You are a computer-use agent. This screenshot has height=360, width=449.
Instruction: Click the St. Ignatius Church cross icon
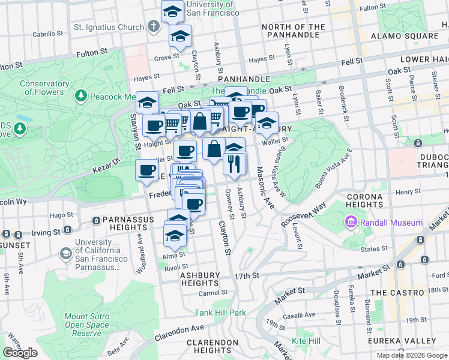[x=154, y=27]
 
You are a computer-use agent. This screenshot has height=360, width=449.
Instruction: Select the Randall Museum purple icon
[x=351, y=223]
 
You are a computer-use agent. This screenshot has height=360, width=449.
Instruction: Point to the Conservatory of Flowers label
[x=44, y=88]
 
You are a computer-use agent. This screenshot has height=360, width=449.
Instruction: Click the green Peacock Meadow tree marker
[x=80, y=96]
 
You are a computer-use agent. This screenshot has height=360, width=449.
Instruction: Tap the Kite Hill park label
[x=306, y=341]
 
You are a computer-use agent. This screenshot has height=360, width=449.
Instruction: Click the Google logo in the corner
[x=20, y=353]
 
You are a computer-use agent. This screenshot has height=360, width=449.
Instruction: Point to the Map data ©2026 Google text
[x=412, y=355]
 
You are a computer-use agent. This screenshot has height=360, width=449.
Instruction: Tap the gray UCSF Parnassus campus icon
[x=64, y=253]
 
